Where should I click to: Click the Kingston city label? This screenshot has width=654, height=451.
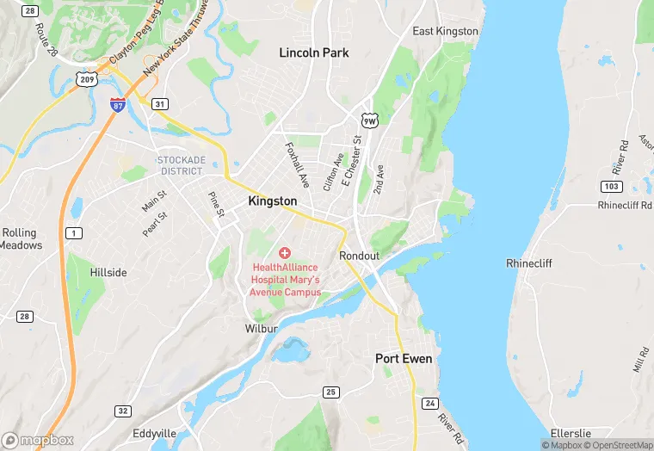point(272,201)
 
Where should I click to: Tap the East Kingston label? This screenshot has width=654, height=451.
point(445,31)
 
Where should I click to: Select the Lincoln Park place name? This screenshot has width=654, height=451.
point(314,53)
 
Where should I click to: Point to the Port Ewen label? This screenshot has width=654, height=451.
point(404,358)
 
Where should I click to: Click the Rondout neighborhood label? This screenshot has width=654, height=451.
point(359,256)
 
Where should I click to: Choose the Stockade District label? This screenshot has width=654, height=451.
point(181,165)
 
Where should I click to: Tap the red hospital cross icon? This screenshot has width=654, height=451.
point(285,252)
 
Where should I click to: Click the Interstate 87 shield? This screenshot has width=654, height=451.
point(118,104)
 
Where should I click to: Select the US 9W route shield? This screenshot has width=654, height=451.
point(368,121)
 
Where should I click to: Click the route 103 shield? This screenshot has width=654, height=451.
point(612,186)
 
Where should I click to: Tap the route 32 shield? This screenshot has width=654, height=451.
point(123,411)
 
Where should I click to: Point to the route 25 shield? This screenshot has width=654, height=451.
point(330,392)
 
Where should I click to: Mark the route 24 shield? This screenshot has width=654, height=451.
point(429,403)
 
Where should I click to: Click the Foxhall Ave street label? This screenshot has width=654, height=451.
point(297,165)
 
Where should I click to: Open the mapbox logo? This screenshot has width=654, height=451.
point(38,440)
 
